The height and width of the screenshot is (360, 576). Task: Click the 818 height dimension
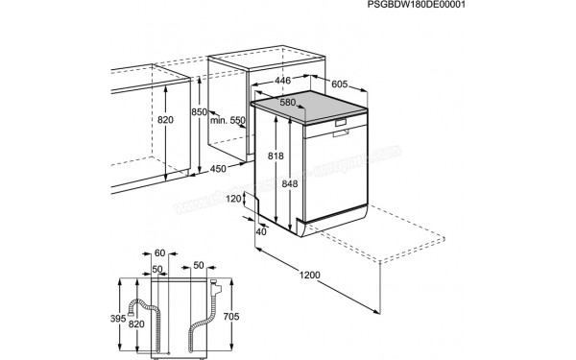pyautogui.click(x=276, y=156)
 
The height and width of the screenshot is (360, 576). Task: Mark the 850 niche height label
pyautogui.click(x=198, y=113)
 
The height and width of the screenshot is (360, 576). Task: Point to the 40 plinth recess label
pyautogui.click(x=261, y=231)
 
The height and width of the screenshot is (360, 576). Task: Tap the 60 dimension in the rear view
pyautogui.click(x=160, y=252)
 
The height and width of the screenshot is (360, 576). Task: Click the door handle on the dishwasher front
pyautogui.click(x=344, y=126)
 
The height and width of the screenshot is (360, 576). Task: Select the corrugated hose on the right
pyautogui.click(x=204, y=322)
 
